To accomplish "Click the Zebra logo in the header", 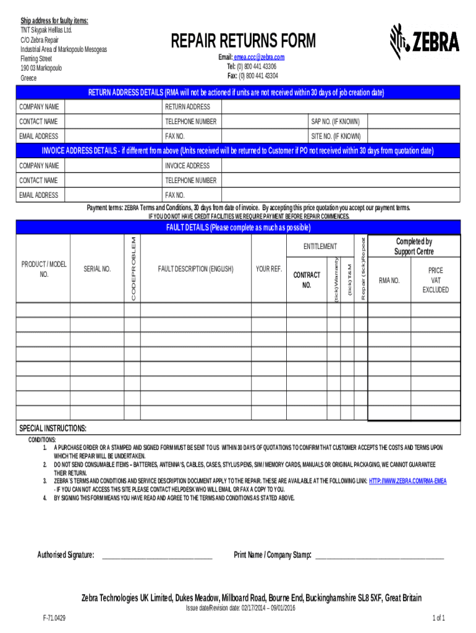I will point(425,41).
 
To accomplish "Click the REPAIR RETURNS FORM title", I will point(243,41).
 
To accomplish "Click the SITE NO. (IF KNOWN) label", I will point(336,136).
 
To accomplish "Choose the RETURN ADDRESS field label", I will point(187,107).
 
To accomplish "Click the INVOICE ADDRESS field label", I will point(187,166).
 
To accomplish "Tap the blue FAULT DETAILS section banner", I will point(238,227).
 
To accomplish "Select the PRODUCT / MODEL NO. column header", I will point(44,269).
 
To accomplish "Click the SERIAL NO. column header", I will point(97,269).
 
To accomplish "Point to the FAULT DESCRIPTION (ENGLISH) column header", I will point(195,269).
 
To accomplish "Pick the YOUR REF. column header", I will point(268,269).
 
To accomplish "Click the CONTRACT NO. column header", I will point(307,279).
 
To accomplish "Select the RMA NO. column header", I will point(389,280).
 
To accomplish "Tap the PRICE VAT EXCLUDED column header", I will point(435,280).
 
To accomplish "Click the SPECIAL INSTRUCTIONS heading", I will point(53,428).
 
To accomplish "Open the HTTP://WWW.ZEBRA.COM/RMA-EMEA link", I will point(407,480).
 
